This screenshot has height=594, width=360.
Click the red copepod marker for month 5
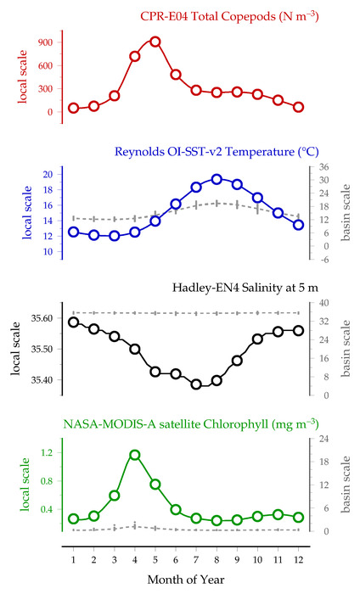tap(155, 42)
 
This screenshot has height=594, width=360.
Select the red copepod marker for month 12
tap(298, 107)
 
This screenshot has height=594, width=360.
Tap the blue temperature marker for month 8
tap(217, 180)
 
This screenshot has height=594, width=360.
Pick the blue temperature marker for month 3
tap(114, 236)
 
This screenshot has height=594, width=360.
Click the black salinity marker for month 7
tap(196, 384)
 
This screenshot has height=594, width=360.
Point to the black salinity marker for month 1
tap(74, 322)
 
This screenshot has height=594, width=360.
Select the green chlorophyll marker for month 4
tap(134, 455)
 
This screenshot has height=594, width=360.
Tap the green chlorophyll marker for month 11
tap(278, 514)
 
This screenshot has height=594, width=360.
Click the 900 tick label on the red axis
tap(45, 42)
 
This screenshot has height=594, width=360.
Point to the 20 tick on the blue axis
tap(48, 174)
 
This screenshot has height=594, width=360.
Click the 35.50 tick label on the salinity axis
tap(42, 349)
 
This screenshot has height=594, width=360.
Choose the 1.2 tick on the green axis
tap(48, 452)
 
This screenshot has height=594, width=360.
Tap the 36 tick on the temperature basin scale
tap(323, 167)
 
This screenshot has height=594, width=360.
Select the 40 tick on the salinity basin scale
tap(323, 303)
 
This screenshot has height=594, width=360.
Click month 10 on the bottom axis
tap(257, 560)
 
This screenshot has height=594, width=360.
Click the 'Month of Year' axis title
tap(186, 580)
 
